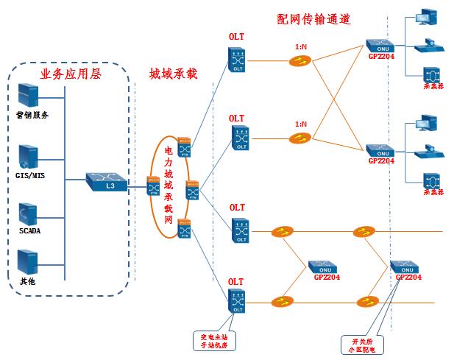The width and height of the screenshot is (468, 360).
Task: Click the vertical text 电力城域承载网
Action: click(x=169, y=186)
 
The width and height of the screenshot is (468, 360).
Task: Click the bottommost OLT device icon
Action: click(x=237, y=302)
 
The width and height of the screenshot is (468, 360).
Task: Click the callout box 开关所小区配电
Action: click(x=360, y=345)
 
